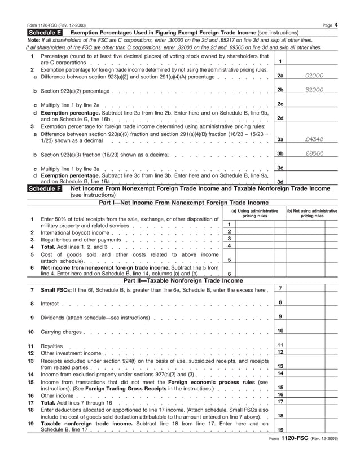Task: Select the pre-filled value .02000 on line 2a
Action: [x=313, y=75]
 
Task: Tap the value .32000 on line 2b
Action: [x=313, y=90]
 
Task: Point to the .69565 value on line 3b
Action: [x=313, y=153]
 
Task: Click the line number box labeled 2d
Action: [x=280, y=118]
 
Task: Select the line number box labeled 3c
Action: [x=280, y=168]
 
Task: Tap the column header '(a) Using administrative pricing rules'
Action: [x=255, y=213]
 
